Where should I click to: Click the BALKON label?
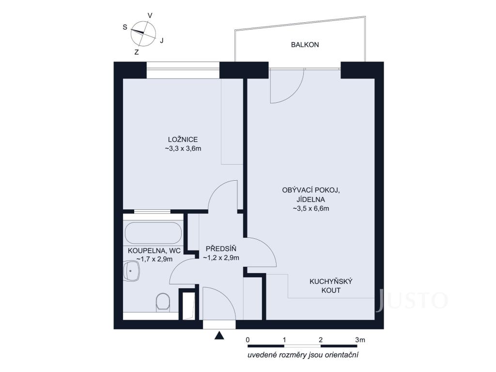tap(305, 45)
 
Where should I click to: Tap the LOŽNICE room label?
tap(183, 139)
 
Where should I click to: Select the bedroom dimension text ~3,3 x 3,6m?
tap(183, 148)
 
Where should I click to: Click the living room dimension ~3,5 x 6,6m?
tap(310, 208)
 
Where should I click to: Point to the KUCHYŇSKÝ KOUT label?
tap(331, 286)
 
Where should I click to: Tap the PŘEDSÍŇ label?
tap(221, 248)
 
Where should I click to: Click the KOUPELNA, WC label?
tap(155, 251)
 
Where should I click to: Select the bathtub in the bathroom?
tap(154, 233)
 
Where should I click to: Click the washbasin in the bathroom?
tap(132, 271)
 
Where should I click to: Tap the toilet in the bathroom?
tap(163, 302)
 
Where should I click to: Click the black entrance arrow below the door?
tap(219, 336)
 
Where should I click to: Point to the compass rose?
tap(143, 33)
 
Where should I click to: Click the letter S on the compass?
tap(125, 27)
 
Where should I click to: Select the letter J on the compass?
tap(162, 41)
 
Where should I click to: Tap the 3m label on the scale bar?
tap(360, 340)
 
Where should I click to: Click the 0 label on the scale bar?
tap(248, 340)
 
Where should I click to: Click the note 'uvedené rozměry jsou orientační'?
tap(303, 355)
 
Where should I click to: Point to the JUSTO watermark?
tap(412, 300)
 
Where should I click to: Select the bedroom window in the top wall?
tap(183, 70)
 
